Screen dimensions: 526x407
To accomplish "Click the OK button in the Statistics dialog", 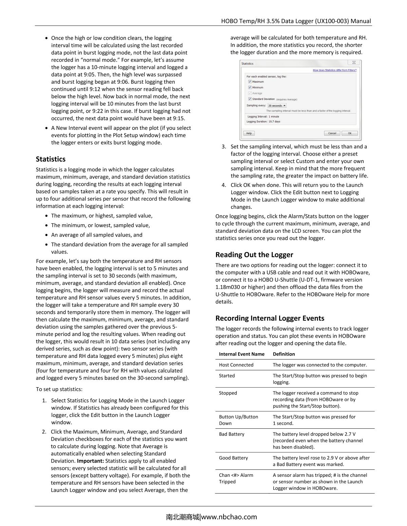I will coord(349,133).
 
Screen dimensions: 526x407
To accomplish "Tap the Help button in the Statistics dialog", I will coord(249,133).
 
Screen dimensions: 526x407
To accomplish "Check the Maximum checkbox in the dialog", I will coord(250,82).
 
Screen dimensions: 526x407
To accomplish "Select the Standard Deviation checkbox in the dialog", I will coord(250,99).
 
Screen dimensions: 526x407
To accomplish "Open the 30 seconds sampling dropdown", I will coord(277,106).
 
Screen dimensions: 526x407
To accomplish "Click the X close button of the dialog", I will coord(354,63).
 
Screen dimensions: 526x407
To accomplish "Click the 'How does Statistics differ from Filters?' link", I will coord(334,70).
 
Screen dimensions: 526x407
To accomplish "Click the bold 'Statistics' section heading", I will coord(51,159).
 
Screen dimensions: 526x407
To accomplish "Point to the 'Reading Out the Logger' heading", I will coord(254,255).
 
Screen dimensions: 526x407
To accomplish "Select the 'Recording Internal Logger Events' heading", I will coord(270,318).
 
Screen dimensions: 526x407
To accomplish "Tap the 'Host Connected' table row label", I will coord(236,365).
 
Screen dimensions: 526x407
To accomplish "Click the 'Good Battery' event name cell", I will coord(233,458).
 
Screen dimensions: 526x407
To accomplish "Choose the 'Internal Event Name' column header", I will coord(241,354).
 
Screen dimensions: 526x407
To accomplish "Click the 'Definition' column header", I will coord(284,354).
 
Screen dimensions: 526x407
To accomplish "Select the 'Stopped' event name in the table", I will coord(228,393).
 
